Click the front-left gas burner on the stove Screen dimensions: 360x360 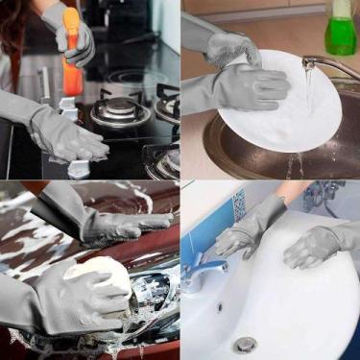pyautogui.click(x=119, y=112)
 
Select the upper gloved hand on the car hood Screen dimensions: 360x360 pyautogui.click(x=125, y=227)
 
